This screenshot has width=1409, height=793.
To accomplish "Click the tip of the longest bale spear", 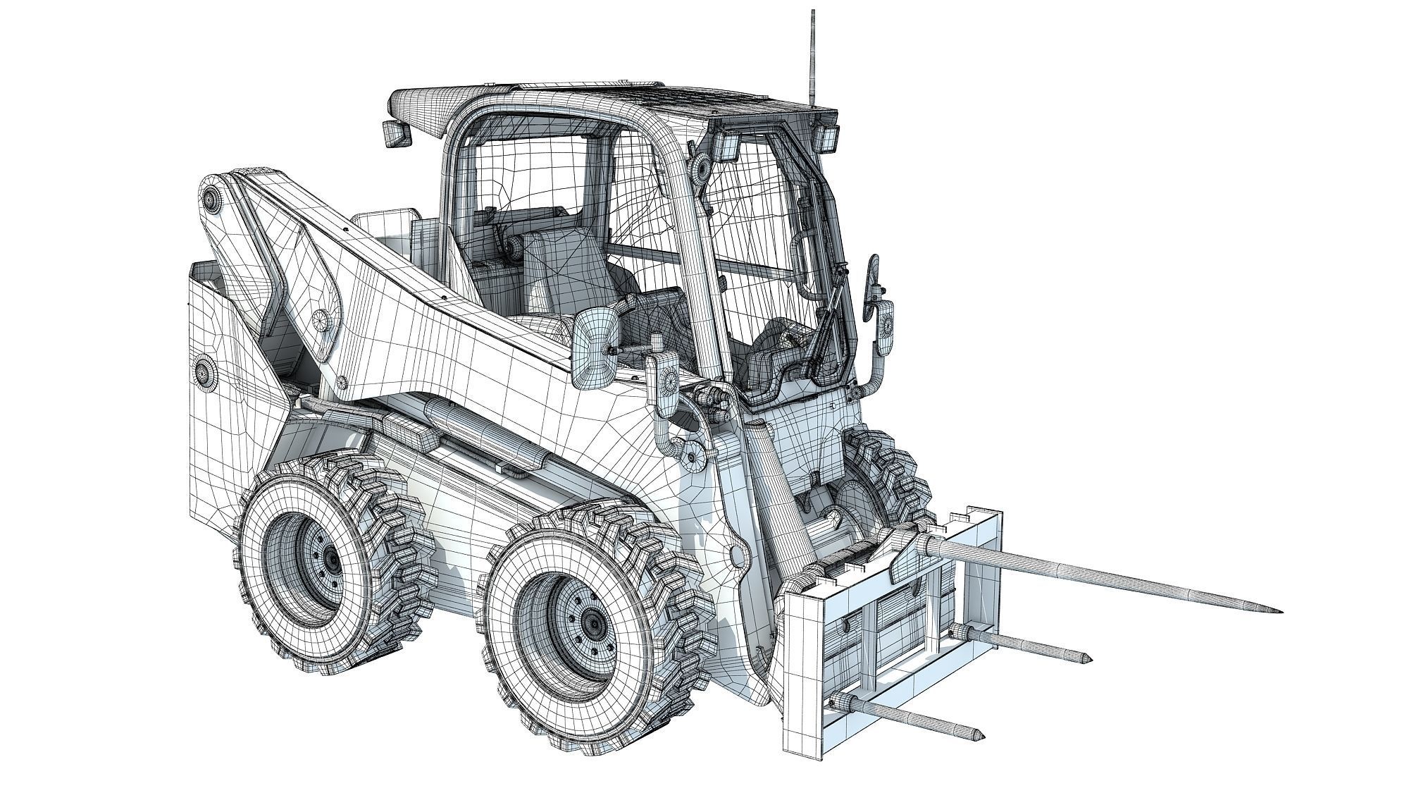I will (x=1279, y=610).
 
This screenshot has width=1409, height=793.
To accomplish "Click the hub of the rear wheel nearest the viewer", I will (x=329, y=559).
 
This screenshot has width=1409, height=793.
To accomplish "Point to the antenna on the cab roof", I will (x=813, y=56).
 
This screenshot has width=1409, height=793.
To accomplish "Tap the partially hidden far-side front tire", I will (x=891, y=479).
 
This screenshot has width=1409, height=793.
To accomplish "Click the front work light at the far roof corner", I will (x=827, y=137).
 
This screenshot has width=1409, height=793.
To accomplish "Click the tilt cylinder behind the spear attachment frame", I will (x=775, y=486).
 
